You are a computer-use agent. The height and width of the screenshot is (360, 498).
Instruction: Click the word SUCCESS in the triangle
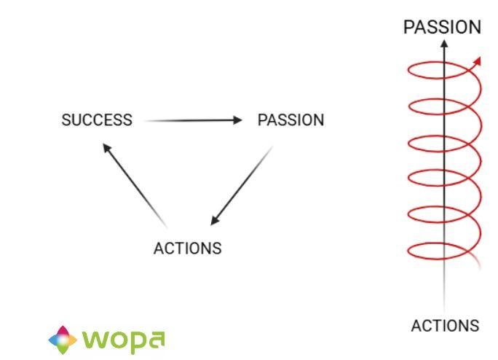[x=97, y=120]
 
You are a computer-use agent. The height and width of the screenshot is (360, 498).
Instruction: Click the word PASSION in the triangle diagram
[x=290, y=120]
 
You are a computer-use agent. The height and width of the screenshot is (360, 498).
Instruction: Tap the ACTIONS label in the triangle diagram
[x=187, y=248]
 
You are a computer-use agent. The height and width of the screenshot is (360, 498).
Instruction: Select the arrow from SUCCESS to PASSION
[x=193, y=120]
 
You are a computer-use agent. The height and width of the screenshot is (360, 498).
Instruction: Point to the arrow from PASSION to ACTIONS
[x=242, y=185]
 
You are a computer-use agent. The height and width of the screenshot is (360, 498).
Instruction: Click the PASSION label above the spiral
[x=442, y=28]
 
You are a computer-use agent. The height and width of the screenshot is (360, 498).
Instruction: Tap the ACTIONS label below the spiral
[x=445, y=326]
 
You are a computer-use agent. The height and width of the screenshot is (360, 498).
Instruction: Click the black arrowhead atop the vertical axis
[x=444, y=44]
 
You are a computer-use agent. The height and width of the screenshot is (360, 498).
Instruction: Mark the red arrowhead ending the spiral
[x=478, y=61]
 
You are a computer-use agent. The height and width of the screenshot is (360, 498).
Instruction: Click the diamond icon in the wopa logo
[x=63, y=338]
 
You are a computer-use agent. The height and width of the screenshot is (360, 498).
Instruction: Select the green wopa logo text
[x=124, y=340]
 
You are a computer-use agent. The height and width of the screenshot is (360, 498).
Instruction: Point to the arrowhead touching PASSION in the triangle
[x=237, y=120]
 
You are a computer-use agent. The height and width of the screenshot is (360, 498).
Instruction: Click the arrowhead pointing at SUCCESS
[x=106, y=147]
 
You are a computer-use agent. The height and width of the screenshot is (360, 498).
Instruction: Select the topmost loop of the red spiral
[x=441, y=71]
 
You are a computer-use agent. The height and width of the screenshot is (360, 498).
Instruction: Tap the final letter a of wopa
[x=155, y=339]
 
